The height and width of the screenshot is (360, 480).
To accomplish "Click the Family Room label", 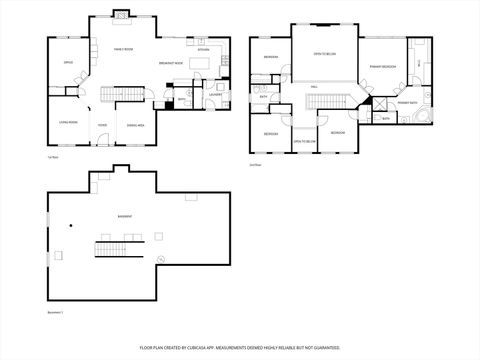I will pos(123,49).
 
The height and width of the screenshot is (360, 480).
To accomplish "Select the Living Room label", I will pos(68,125).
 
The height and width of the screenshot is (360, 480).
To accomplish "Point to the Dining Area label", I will pos(136,125).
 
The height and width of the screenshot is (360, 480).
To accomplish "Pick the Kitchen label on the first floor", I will pos(203,49).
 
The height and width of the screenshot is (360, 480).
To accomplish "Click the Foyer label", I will pos(102,125).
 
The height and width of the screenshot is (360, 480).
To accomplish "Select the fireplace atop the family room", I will pos(121,15).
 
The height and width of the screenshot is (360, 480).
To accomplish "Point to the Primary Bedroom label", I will pos(383,66).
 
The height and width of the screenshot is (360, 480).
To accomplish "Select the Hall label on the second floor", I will pos(313,87).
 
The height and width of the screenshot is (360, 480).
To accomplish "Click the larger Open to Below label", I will pos(324,53).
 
